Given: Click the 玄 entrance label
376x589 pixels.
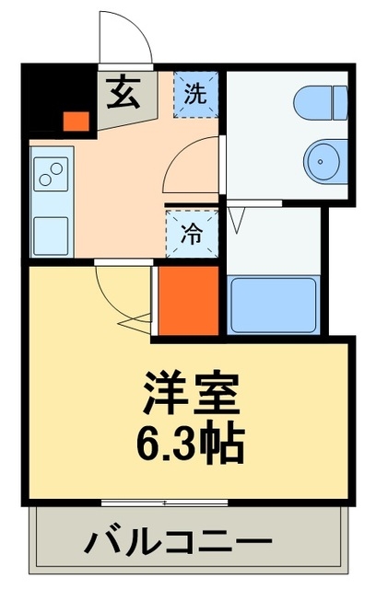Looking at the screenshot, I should [121, 93].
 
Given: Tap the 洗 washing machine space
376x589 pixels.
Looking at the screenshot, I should [194, 93].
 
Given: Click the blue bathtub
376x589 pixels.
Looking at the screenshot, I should [272, 305].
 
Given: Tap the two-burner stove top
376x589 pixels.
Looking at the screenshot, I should [51, 172].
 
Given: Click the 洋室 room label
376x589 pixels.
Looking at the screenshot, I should [191, 395].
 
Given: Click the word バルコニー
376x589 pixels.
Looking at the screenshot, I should [180, 542].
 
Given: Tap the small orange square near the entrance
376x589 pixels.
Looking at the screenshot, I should [76, 120].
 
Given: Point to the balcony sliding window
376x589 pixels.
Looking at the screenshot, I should [166, 502].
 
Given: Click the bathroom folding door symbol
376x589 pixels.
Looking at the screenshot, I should [238, 219].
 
